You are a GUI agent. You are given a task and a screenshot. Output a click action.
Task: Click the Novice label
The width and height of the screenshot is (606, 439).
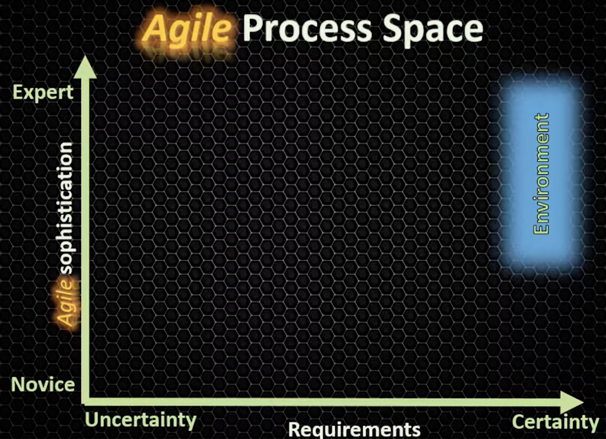43,384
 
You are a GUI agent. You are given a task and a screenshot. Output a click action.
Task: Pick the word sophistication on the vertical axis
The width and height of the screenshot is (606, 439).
65,209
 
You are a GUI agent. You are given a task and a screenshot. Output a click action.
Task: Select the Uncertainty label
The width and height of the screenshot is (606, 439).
141,421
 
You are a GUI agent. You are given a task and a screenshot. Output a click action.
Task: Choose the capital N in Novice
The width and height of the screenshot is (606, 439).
18,384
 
